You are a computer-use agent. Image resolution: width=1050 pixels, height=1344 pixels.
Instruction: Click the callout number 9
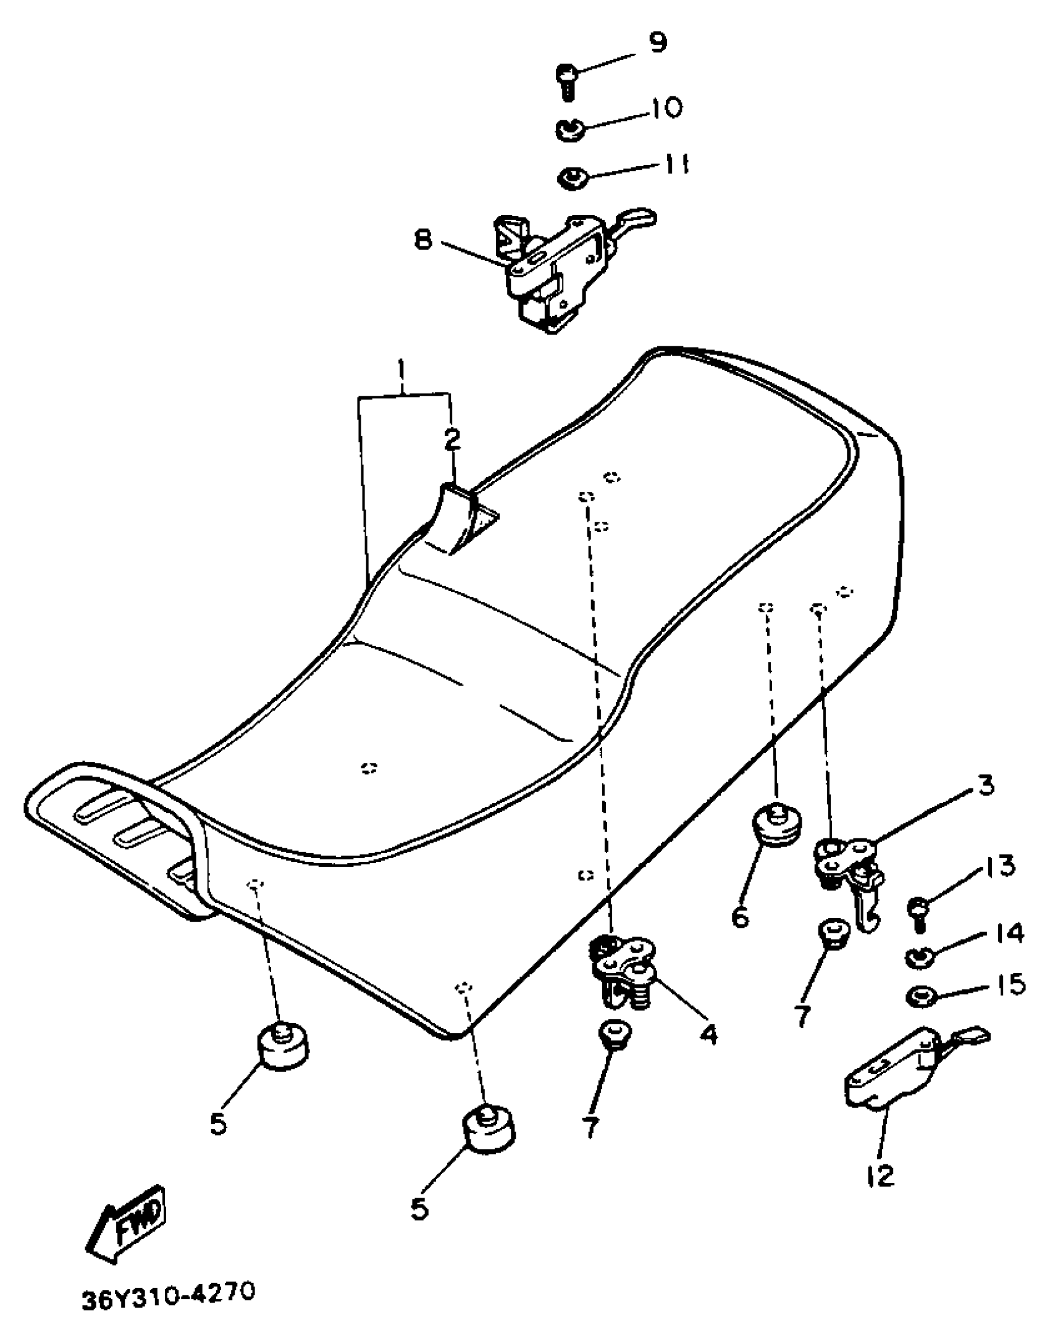pyautogui.click(x=657, y=43)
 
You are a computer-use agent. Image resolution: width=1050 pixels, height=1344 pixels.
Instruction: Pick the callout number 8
pyautogui.click(x=423, y=240)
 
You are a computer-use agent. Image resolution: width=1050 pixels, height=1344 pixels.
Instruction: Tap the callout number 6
pyautogui.click(x=740, y=916)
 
